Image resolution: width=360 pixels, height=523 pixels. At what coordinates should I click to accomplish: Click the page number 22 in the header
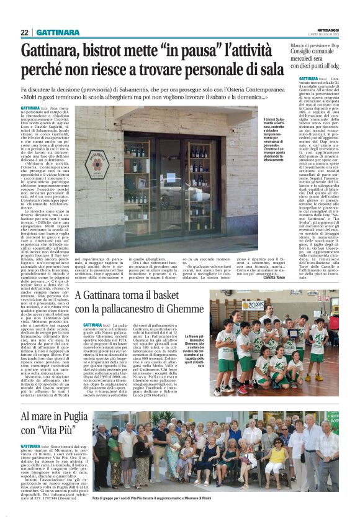tap(24, 32)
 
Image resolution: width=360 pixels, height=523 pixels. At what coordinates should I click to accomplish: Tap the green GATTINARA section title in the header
tap(58, 32)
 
